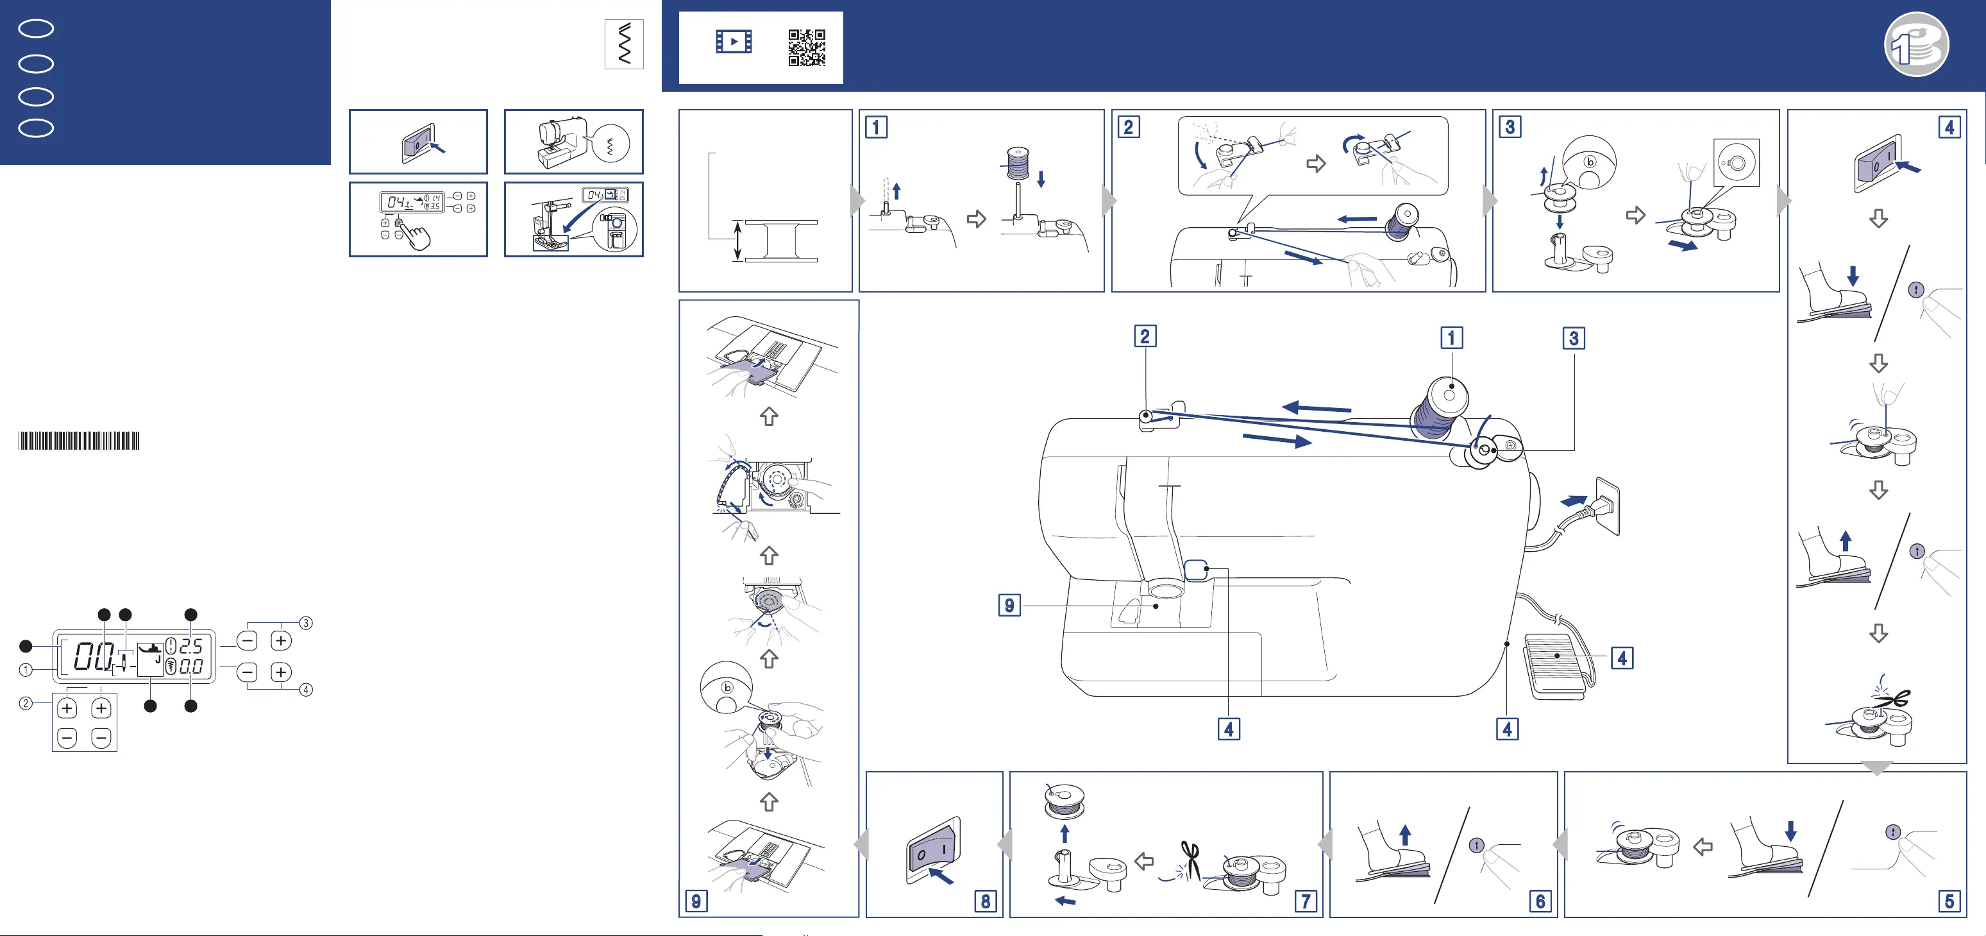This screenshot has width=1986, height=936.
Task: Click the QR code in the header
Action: (807, 48)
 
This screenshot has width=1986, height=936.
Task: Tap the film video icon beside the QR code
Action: (733, 42)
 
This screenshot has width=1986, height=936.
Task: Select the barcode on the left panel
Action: (79, 441)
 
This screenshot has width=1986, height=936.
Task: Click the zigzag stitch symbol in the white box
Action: (625, 44)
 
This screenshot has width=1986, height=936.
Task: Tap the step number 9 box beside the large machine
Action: (1009, 605)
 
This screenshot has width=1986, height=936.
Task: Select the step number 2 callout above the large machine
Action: (1145, 336)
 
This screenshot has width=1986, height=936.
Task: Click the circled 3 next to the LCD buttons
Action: (306, 623)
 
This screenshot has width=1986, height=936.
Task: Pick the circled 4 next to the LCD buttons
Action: (306, 689)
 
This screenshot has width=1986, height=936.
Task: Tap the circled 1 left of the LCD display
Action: (26, 670)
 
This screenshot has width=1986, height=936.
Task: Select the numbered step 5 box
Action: (1949, 901)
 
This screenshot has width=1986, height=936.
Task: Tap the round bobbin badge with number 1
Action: (1917, 44)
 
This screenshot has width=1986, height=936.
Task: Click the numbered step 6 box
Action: (1540, 901)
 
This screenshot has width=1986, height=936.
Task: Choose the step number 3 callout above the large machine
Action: (1574, 337)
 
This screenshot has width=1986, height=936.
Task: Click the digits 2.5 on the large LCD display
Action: (190, 645)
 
